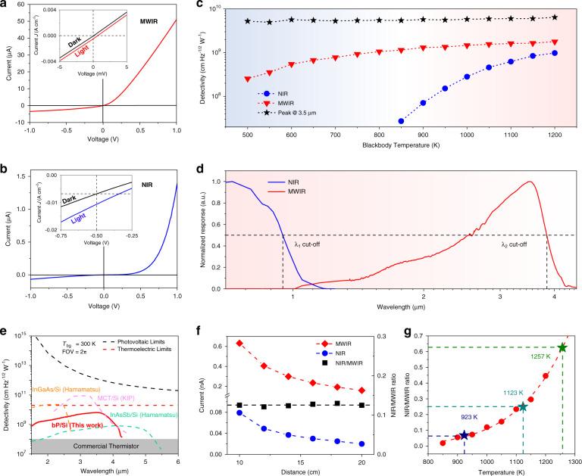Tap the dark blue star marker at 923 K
pos(464,435)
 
